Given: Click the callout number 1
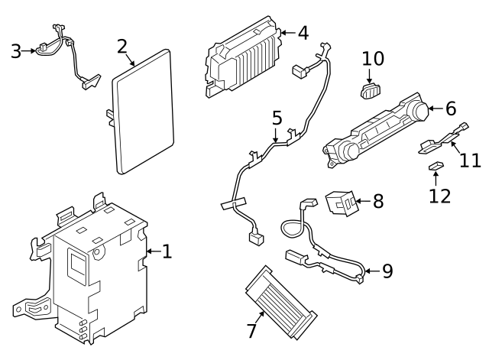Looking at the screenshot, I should pos(167,251).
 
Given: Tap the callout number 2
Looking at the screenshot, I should pos(121,47).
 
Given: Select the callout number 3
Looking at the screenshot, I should pos(16,52).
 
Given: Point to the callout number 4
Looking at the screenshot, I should pos(303,33).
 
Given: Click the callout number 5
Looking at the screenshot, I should pos(277,118).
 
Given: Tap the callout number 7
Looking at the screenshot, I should pos(251,331).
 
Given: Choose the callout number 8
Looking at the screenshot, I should pos(378,202).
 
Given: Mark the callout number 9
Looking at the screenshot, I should pos(387,271).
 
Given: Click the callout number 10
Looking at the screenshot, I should pos(373,58).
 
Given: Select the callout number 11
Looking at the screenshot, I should pos(470,161).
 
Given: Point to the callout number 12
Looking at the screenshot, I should pos(439,195).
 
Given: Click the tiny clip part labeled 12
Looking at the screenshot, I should pos(436,166).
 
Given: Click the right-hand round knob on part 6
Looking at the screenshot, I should pos(417,112).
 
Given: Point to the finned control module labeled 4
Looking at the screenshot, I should pos(246,62).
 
